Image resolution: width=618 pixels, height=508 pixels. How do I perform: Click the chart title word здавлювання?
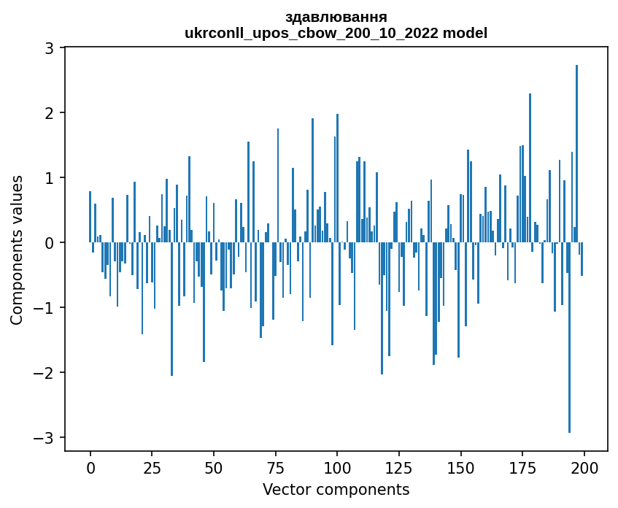[x=336, y=17]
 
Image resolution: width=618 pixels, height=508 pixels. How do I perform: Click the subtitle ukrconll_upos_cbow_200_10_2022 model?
[x=336, y=33]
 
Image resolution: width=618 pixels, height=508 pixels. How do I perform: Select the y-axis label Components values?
[x=16, y=250]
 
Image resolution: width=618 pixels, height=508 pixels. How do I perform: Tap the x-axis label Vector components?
[x=336, y=489]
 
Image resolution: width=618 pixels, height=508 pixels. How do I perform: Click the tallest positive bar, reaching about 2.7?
[x=576, y=153]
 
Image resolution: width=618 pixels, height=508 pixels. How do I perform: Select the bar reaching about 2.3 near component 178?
[x=530, y=168]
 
